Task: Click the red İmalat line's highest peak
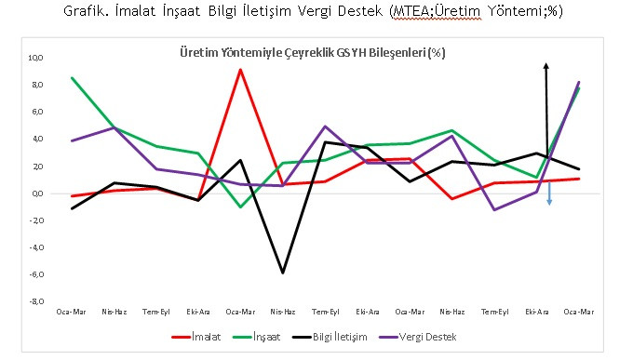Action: (x=241, y=70)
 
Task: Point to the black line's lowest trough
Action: (x=282, y=273)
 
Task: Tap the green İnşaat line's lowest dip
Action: (x=241, y=207)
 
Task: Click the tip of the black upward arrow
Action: (x=546, y=63)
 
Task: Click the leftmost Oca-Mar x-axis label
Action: (x=72, y=311)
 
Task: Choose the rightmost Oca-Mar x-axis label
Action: (x=577, y=311)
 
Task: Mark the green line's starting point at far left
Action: (x=73, y=78)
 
